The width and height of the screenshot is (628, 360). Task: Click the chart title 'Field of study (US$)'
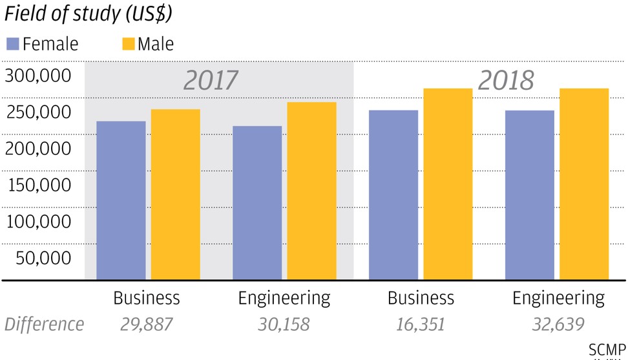pyautogui.click(x=89, y=13)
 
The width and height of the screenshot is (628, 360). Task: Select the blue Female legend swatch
pyautogui.click(x=12, y=44)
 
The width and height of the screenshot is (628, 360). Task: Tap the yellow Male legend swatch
pyautogui.click(x=128, y=44)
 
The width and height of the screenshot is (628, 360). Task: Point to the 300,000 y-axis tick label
pyautogui.click(x=37, y=76)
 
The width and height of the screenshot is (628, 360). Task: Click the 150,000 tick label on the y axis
pyautogui.click(x=37, y=185)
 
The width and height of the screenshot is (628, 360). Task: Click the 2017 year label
pyautogui.click(x=211, y=80)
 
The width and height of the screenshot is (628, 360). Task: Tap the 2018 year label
pyautogui.click(x=506, y=80)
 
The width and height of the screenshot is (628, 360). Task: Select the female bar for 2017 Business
pyautogui.click(x=121, y=200)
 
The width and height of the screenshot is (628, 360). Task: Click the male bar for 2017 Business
pyautogui.click(x=176, y=194)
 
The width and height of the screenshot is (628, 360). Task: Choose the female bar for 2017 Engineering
pyautogui.click(x=257, y=202)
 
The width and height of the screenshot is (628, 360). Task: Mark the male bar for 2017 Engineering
pyautogui.click(x=312, y=191)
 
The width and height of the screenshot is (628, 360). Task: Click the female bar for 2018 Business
pyautogui.click(x=393, y=195)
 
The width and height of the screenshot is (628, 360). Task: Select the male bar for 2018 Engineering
pyautogui.click(x=584, y=184)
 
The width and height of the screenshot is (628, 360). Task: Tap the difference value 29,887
pyautogui.click(x=147, y=324)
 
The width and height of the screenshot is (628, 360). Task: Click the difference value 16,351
pyautogui.click(x=421, y=324)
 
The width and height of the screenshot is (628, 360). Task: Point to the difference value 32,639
pyautogui.click(x=558, y=324)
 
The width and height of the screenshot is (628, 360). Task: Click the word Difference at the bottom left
pyautogui.click(x=44, y=324)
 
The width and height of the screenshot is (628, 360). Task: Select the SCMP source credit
pyautogui.click(x=607, y=350)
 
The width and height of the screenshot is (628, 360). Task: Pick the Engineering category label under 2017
pyautogui.click(x=284, y=298)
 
